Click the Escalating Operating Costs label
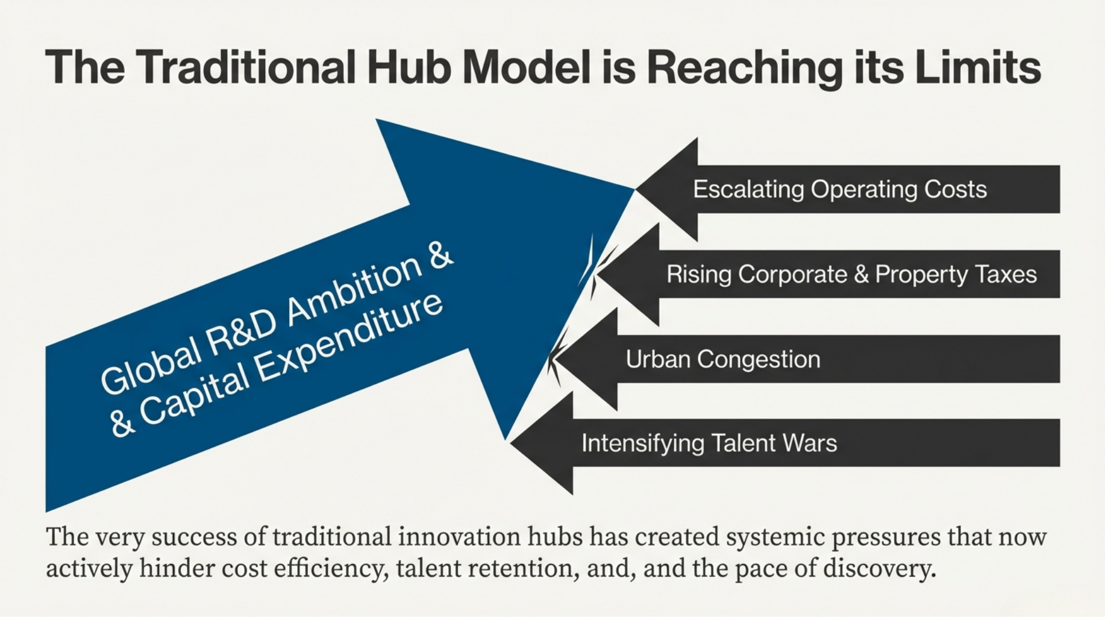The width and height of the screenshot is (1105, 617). (840, 189)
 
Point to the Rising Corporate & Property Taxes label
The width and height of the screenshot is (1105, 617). (851, 274)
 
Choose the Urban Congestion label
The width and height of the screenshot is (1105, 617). (723, 360)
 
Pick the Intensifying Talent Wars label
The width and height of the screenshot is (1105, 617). (709, 443)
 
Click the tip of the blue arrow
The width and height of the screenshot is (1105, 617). (634, 189)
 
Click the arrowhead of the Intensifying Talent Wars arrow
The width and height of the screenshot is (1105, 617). (542, 443)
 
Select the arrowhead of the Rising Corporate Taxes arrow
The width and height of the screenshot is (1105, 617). (627, 274)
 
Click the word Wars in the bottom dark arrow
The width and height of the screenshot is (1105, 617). (810, 443)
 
